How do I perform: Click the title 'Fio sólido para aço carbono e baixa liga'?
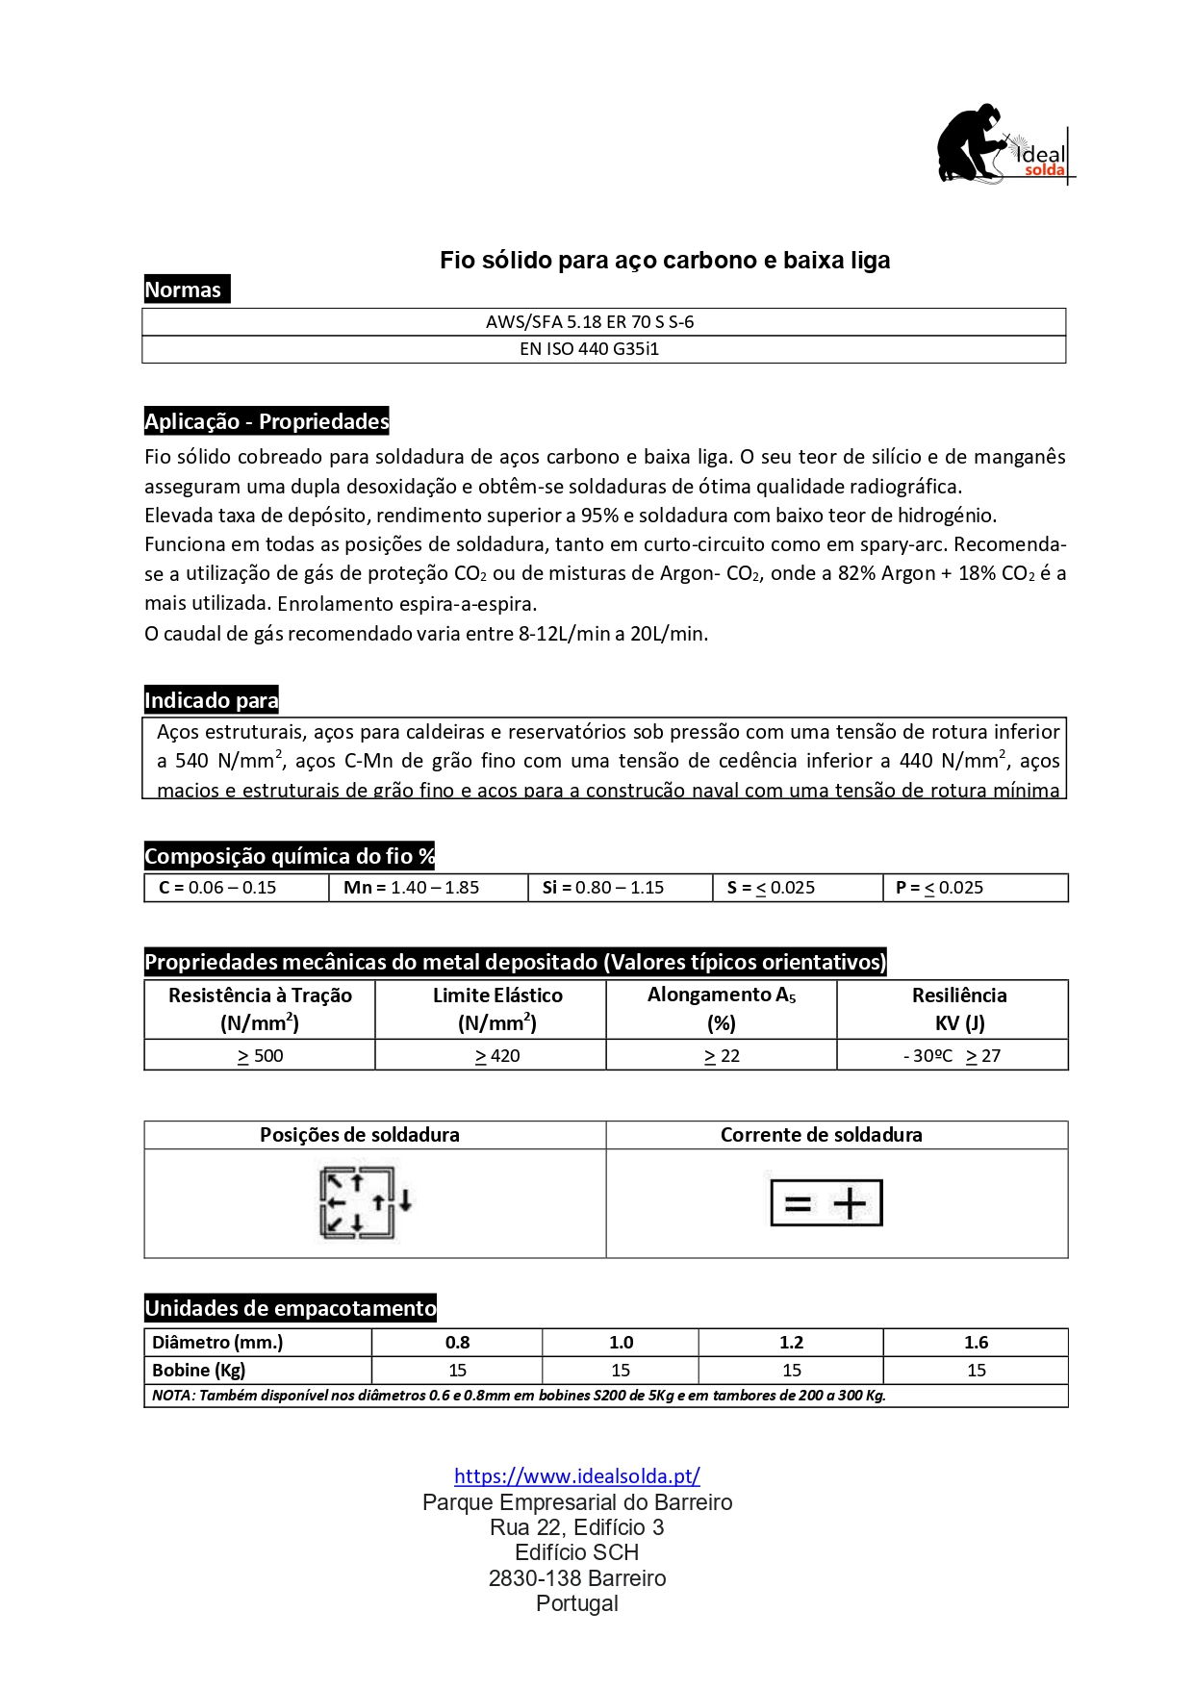pyautogui.click(x=664, y=261)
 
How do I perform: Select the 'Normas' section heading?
pyautogui.click(x=184, y=290)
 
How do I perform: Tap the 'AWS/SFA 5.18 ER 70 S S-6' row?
pyautogui.click(x=589, y=322)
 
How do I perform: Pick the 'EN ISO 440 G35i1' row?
pyautogui.click(x=589, y=349)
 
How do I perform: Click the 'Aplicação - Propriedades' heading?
pyautogui.click(x=267, y=421)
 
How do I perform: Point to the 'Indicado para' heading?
pyautogui.click(x=211, y=700)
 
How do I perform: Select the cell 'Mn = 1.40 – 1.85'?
pyautogui.click(x=411, y=888)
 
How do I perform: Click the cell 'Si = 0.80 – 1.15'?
pyautogui.click(x=602, y=888)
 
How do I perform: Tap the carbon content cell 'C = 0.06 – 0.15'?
pyautogui.click(x=217, y=888)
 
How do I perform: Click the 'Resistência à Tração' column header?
pyautogui.click(x=260, y=1008)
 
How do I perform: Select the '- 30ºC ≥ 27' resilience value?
pyautogui.click(x=952, y=1056)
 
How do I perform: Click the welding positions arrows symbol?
pyautogui.click(x=364, y=1202)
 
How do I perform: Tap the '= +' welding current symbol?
pyautogui.click(x=826, y=1203)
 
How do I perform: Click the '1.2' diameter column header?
pyautogui.click(x=791, y=1343)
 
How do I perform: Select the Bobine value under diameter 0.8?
pyautogui.click(x=457, y=1371)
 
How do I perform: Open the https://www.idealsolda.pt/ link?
pyautogui.click(x=576, y=1476)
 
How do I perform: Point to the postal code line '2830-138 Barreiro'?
pyautogui.click(x=576, y=1578)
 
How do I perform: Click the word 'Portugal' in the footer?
pyautogui.click(x=576, y=1603)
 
